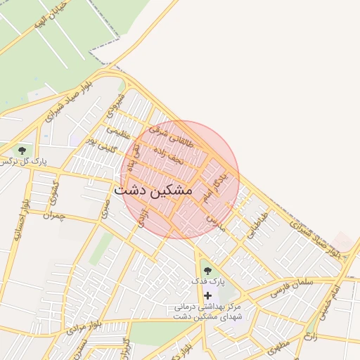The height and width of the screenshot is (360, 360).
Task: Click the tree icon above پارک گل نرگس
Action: tap(22, 150)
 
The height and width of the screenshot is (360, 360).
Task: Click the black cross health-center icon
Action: tap(207, 296)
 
